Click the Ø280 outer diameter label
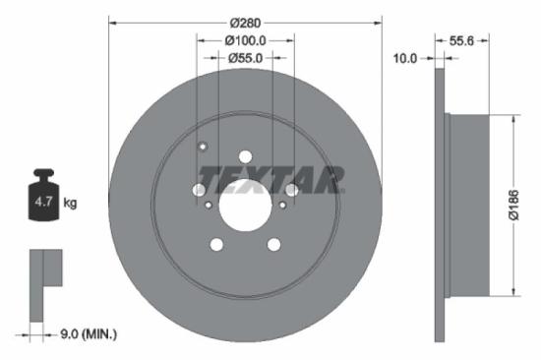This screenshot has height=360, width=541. coord(244,22)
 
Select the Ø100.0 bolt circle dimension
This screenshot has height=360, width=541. coord(245,40)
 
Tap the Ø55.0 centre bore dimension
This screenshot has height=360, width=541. coord(245,58)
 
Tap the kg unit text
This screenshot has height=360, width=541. coord(70,204)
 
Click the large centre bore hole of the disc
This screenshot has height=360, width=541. coord(244,206)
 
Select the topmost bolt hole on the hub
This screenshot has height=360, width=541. coord(245,155)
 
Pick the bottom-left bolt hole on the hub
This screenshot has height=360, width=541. coord(215,245)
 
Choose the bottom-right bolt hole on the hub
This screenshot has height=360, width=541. coord(274,244)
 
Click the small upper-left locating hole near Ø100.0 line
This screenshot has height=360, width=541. coord(203,149)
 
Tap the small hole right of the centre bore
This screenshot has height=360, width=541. coord(282,205)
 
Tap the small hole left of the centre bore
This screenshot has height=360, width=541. coord(209,205)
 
